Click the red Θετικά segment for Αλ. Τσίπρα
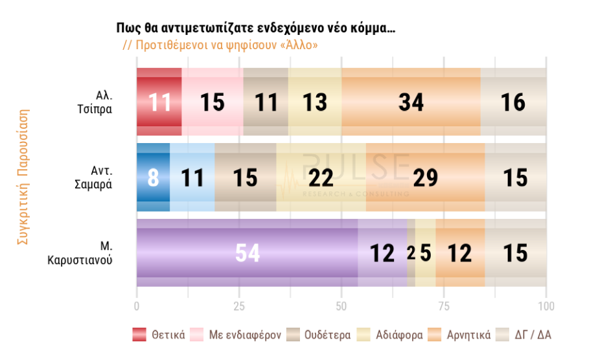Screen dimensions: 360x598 (x=159, y=102)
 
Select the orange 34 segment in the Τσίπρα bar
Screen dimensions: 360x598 (x=411, y=102)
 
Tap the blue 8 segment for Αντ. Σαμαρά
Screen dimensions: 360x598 (x=153, y=177)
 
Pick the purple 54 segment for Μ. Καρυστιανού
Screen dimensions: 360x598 (x=247, y=253)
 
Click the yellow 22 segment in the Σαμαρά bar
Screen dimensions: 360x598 (x=321, y=177)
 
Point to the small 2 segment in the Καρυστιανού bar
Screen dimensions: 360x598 (x=411, y=253)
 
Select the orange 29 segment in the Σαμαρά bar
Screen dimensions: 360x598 (x=425, y=177)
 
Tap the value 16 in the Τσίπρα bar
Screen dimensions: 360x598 (x=513, y=102)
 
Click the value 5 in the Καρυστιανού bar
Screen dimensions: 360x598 (x=426, y=253)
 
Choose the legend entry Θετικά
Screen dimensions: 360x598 (x=160, y=335)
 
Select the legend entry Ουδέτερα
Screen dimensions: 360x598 (x=320, y=335)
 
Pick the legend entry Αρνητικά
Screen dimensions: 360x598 (x=459, y=335)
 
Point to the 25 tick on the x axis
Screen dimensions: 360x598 (x=239, y=306)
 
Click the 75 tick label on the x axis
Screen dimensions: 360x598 (x=444, y=306)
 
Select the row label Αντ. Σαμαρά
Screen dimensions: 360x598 (x=100, y=177)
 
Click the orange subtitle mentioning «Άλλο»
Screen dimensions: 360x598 (x=220, y=45)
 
